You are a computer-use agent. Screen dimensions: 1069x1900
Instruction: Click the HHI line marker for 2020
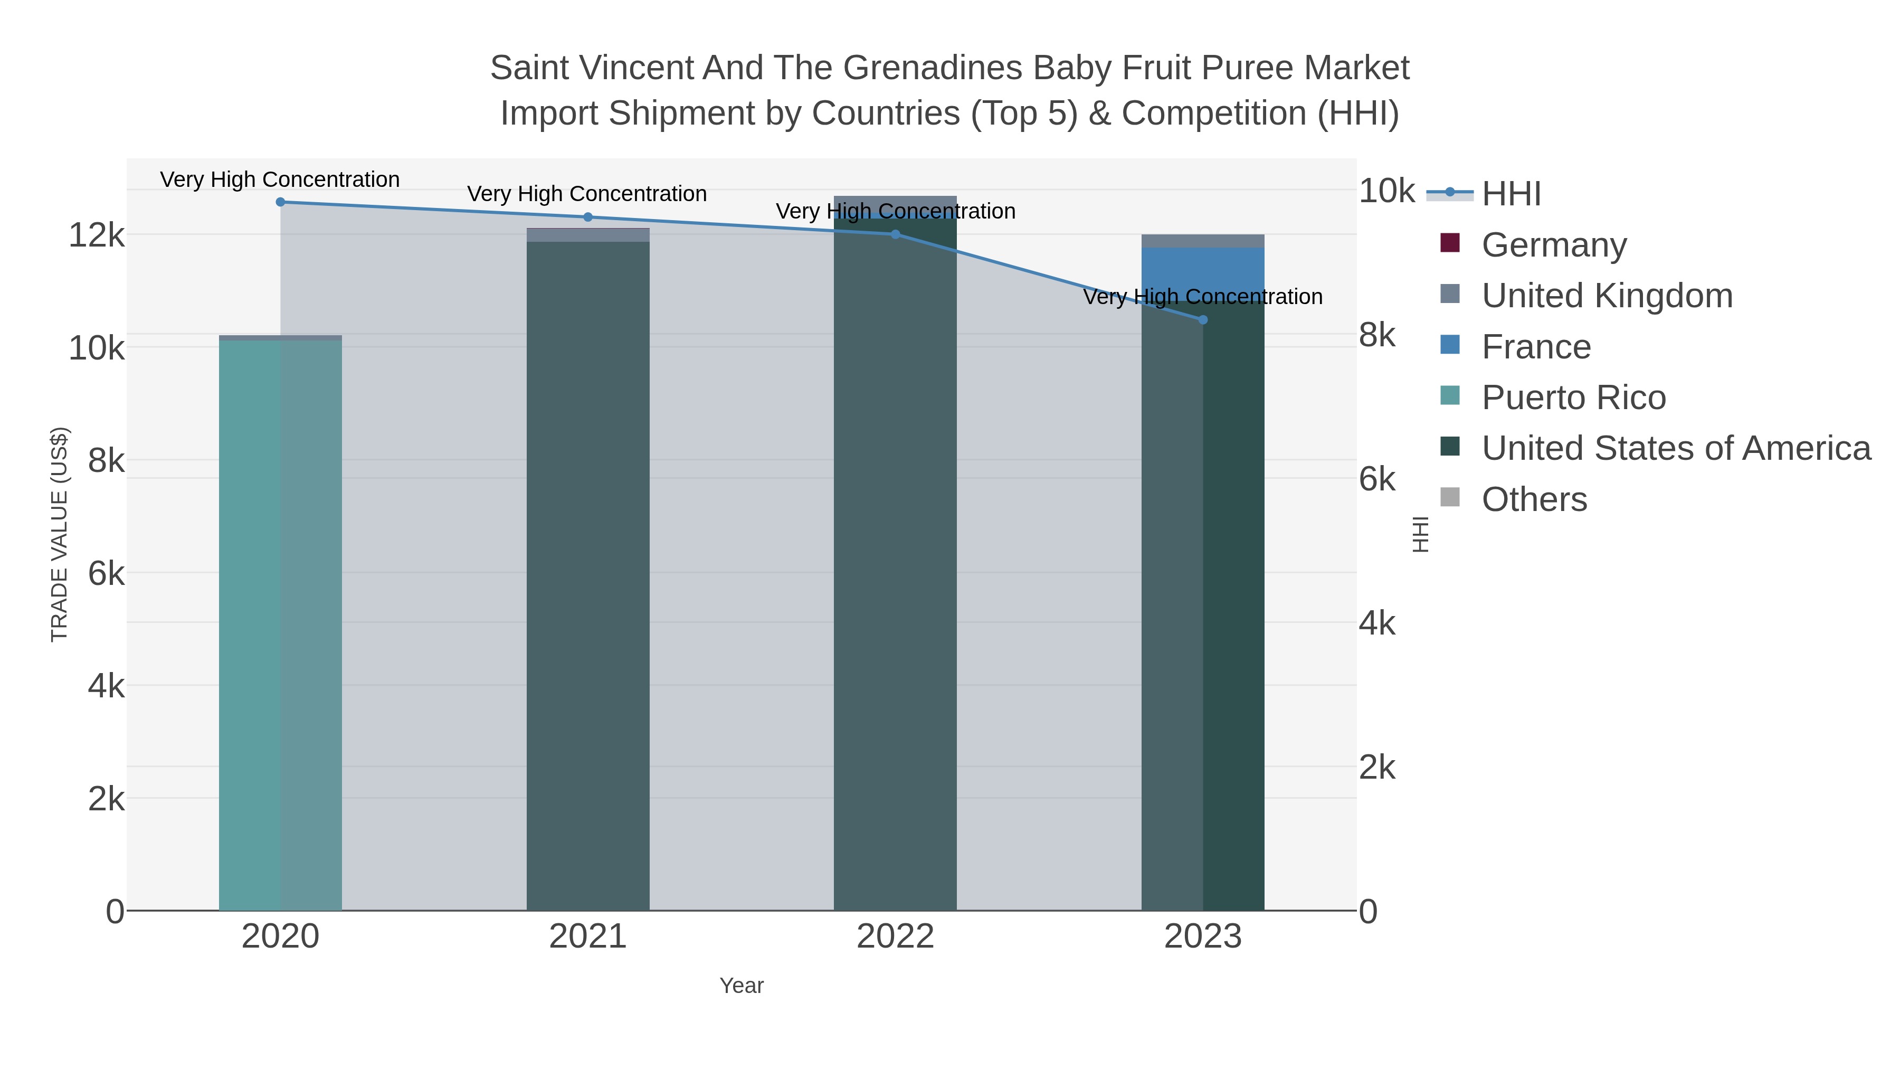click(280, 202)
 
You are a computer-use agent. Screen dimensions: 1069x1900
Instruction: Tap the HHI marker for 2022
click(896, 234)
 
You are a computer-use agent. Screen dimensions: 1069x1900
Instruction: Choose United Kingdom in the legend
click(1607, 296)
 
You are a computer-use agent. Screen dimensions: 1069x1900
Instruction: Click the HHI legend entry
click(1510, 194)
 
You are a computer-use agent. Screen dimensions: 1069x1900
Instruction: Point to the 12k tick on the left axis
click(96, 236)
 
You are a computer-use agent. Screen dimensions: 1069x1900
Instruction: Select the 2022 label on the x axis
click(896, 937)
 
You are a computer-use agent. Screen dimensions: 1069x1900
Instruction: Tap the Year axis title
click(742, 986)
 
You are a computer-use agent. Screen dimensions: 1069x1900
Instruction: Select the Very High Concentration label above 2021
click(587, 194)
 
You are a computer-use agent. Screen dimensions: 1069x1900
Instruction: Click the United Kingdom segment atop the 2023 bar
click(1203, 241)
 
